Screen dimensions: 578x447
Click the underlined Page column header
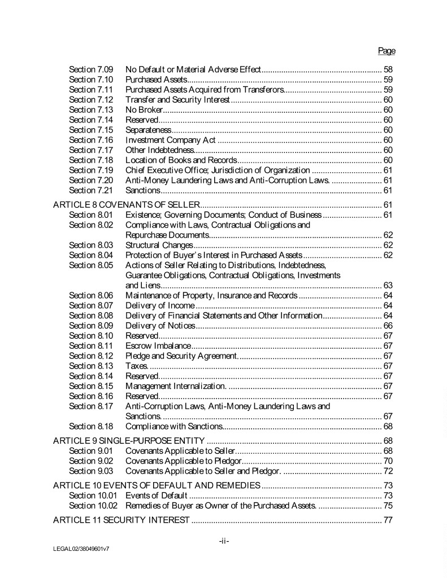[x=387, y=51]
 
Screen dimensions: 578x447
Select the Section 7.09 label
[x=91, y=69]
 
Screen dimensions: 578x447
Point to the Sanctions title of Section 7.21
[x=142, y=190]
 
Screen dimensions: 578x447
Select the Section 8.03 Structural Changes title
[x=159, y=245]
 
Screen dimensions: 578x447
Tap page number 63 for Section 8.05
[x=388, y=285]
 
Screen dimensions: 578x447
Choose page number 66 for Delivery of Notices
[x=388, y=326]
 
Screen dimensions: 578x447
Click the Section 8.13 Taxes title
[x=136, y=366]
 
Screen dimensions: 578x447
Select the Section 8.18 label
[x=91, y=426]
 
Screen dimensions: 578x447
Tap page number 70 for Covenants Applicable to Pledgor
[x=388, y=461]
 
